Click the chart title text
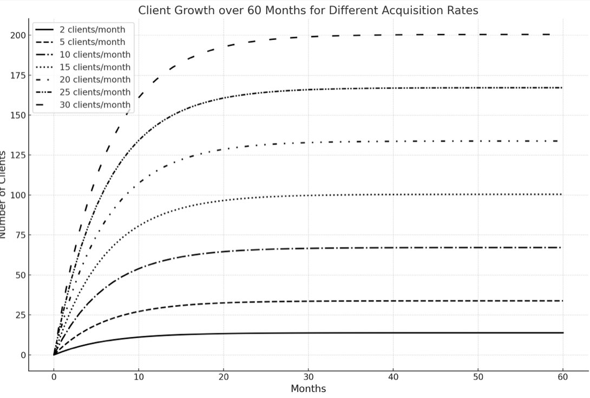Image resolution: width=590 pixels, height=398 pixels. (x=308, y=10)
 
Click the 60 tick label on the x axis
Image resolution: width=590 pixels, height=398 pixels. (x=563, y=376)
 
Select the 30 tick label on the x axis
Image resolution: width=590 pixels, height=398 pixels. (x=309, y=376)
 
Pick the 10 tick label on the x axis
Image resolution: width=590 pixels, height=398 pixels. (x=139, y=376)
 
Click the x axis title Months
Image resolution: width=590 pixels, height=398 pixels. (x=308, y=389)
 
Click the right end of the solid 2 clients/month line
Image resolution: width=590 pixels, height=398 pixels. (x=563, y=333)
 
